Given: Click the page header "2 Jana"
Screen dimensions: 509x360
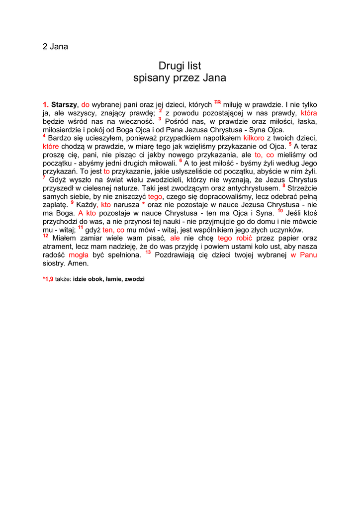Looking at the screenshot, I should click(55, 47).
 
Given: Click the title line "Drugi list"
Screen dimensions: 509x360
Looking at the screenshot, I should click(180, 66).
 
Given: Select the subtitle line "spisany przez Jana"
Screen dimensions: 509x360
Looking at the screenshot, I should click(180, 78).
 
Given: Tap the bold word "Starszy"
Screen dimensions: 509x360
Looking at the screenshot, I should click(64, 105).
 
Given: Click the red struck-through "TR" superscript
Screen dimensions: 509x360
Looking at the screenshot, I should click(217, 102).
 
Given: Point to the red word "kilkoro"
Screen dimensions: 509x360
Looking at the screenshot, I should click(254, 138).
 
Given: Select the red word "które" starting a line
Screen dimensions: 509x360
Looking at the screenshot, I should click(51, 146).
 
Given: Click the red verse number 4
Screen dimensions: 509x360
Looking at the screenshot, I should click(44, 136).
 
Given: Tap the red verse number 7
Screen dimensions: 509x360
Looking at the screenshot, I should click(44, 177).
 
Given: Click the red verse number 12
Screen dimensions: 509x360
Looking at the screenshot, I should click(46, 236).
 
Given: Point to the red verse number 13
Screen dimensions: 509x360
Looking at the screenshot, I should click(148, 253).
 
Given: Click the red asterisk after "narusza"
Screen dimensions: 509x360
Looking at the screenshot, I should click(143, 204).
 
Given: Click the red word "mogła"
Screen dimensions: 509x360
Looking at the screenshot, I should click(79, 254).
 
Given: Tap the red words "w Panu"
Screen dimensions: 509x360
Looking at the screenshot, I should click(304, 254).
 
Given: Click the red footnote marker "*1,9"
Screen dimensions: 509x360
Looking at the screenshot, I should click(48, 279).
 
